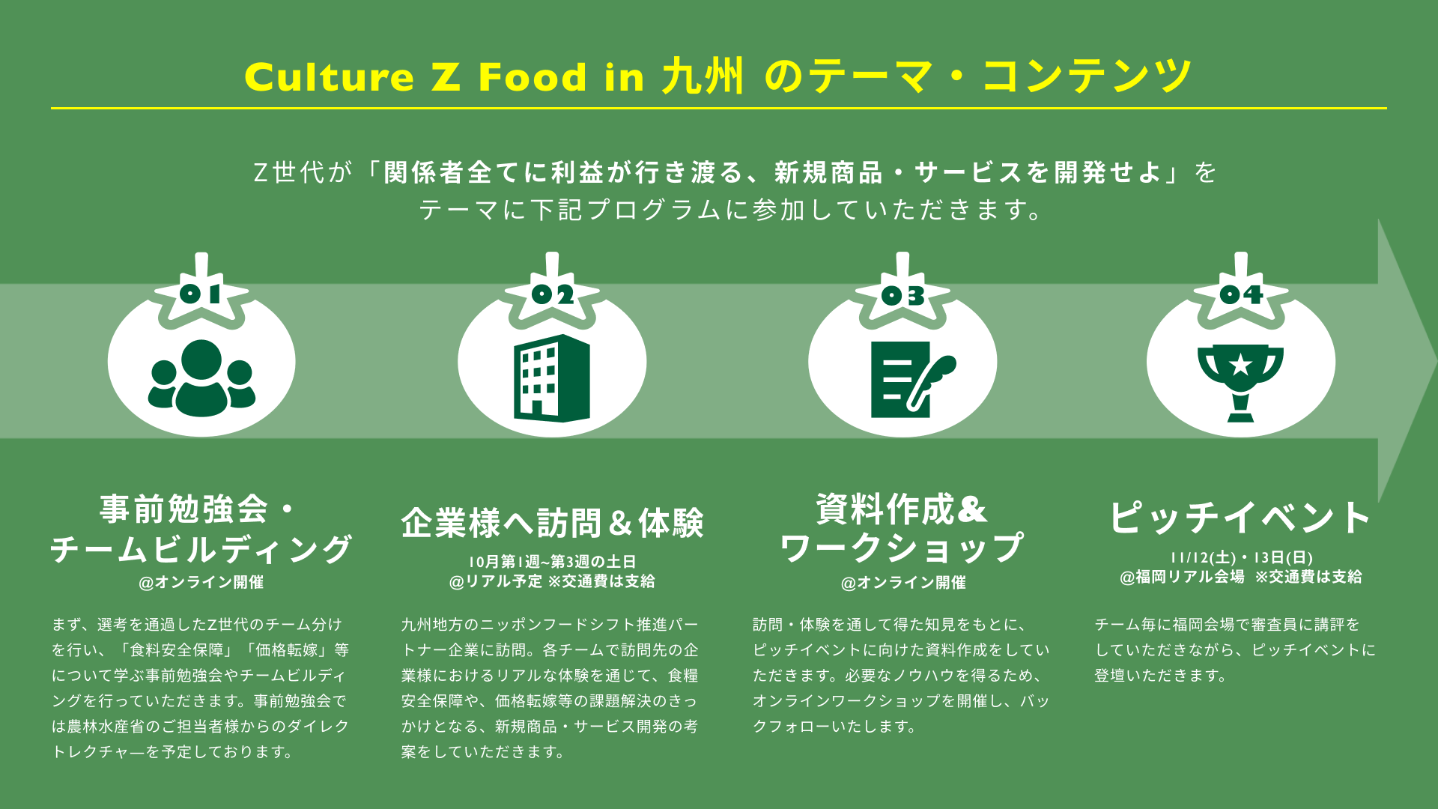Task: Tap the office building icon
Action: coord(552,378)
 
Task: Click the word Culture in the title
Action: coord(329,77)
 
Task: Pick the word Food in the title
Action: coord(533,77)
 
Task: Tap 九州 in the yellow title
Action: coord(703,76)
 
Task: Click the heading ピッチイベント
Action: coord(1240,517)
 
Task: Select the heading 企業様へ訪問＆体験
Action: coord(552,523)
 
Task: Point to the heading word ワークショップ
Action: coord(902,548)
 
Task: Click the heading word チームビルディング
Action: coord(201,549)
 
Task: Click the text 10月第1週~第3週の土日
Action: coord(552,562)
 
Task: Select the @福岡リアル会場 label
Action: coord(1182,577)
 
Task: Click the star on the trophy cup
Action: coord(1241,365)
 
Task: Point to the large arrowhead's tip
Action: coord(1434,361)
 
